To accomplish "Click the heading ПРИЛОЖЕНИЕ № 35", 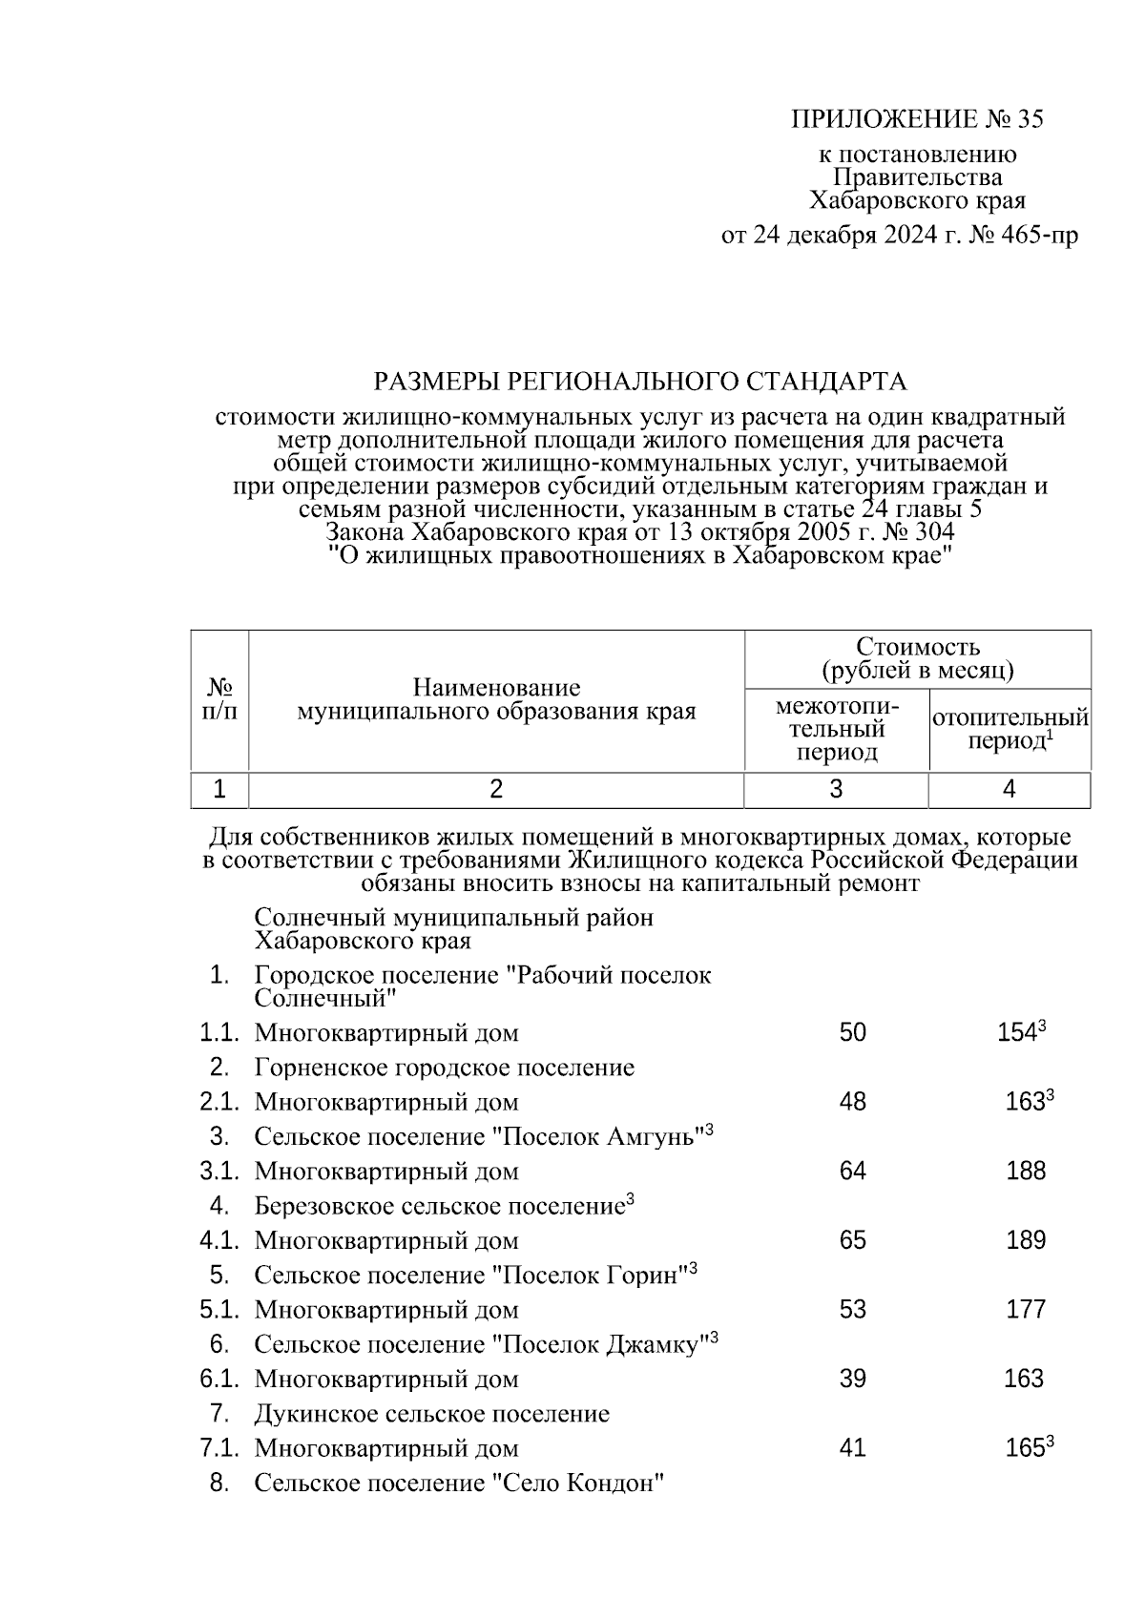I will click(x=917, y=119).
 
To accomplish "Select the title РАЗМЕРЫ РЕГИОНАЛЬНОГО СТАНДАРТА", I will click(x=639, y=383).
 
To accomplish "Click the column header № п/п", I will click(x=220, y=699).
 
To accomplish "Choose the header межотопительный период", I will click(x=837, y=730).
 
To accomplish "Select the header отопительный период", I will click(x=1010, y=729).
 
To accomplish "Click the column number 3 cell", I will click(x=836, y=789).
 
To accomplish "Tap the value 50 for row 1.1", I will click(x=852, y=1032).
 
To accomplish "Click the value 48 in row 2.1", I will click(x=852, y=1102).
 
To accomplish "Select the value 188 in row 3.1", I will click(x=1026, y=1171).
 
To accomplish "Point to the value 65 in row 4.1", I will click(x=852, y=1240).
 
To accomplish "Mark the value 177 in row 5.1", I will click(x=1026, y=1309).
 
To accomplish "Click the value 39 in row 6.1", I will click(x=852, y=1379).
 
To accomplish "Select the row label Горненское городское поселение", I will click(x=444, y=1068).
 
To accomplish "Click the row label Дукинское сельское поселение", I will click(x=431, y=1414).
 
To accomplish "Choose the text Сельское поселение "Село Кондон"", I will click(x=458, y=1484).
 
